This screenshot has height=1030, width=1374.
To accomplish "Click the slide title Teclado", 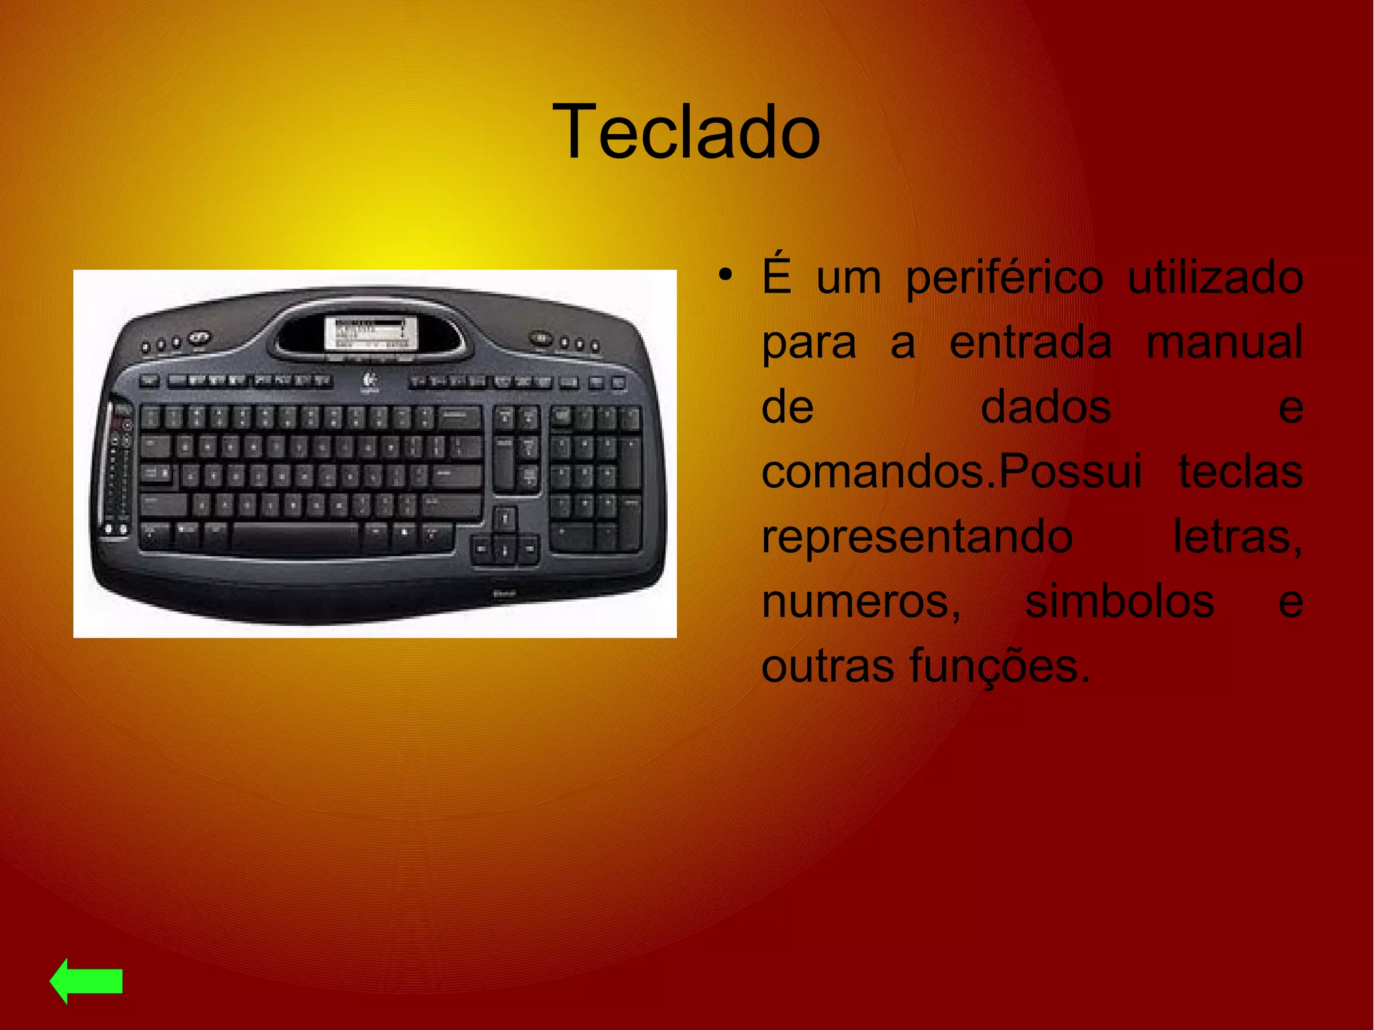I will coord(686,132).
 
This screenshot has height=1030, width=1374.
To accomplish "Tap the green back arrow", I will coord(86,980).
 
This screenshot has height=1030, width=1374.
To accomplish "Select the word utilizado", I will coord(1215,277).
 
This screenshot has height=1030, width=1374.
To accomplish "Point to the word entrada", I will coord(1030,342).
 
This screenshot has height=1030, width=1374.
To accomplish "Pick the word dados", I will coord(1046,407).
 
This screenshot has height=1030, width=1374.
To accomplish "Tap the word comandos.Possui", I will coord(951,472).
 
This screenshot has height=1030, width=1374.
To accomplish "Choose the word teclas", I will coord(1240,472).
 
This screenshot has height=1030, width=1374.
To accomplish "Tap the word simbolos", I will coord(1120,601).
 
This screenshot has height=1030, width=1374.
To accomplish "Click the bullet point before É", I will coord(724,276).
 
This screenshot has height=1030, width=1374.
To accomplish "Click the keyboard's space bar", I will coord(297,536).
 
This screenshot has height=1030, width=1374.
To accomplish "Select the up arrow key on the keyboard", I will coord(505,517).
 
